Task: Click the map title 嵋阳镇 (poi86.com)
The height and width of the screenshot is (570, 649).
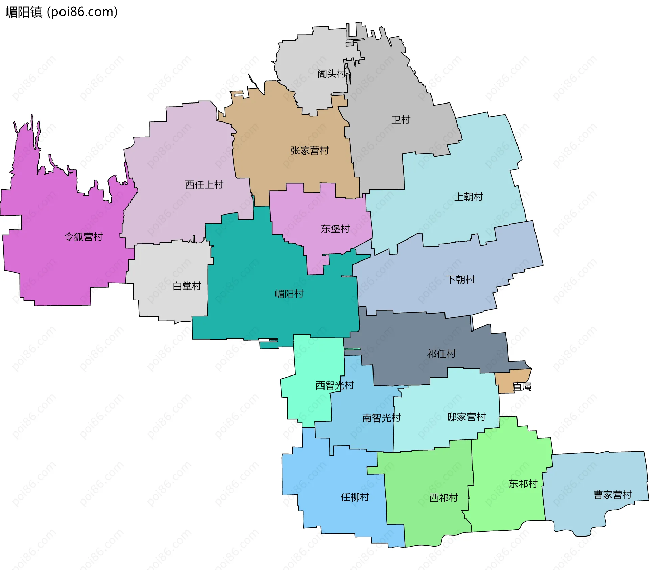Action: pos(61,12)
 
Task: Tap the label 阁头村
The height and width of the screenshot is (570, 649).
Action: pos(331,74)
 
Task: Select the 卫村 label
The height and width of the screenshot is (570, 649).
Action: pos(401,120)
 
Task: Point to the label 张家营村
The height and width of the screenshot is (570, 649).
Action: pos(310,151)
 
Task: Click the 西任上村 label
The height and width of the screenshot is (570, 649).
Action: pos(204,185)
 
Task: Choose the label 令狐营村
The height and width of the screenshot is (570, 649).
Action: pos(83,237)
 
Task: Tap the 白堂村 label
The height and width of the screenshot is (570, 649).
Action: pos(187,286)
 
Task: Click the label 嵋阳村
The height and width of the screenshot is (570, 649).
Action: pos(289,294)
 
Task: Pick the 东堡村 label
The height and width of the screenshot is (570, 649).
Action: pos(335,229)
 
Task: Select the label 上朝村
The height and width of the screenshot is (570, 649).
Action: pos(468,197)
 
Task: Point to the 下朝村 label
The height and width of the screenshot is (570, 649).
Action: pos(460,279)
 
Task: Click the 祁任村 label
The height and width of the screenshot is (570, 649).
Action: pos(441,354)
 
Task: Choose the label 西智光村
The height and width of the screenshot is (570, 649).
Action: pos(334,385)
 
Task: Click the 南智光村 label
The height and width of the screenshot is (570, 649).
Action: pos(381,418)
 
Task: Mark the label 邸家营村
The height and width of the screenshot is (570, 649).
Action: pos(466,417)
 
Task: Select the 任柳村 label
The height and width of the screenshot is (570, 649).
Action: pos(355,497)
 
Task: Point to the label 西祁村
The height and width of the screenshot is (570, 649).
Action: pos(443,498)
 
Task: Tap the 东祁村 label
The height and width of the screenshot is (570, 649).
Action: pos(523,484)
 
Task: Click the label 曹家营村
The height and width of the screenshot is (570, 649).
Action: pos(612,495)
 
